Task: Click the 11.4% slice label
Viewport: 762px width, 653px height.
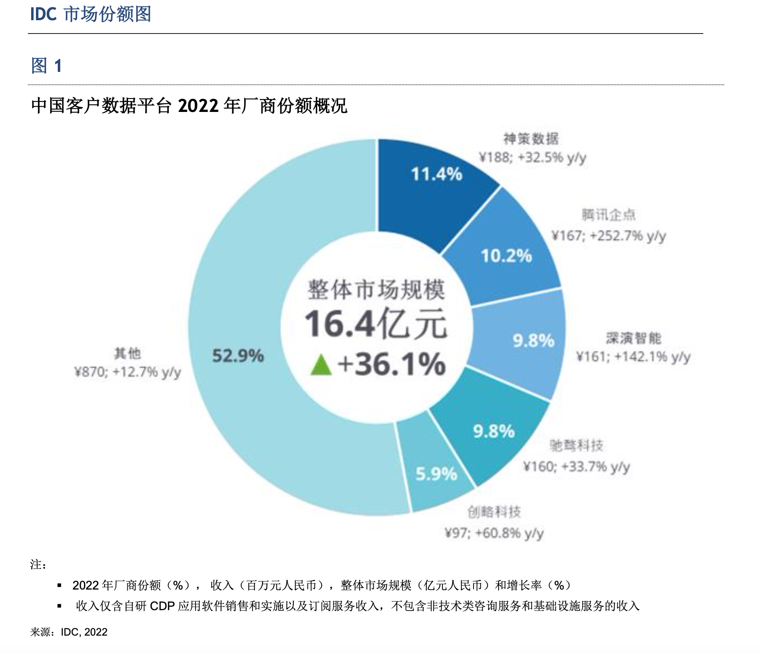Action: (x=436, y=174)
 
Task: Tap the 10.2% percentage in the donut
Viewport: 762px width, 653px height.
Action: (x=506, y=256)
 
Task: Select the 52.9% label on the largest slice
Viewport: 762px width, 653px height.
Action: (x=238, y=356)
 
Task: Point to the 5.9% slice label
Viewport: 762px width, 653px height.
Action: (x=436, y=474)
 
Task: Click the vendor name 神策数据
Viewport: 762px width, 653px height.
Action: (x=531, y=139)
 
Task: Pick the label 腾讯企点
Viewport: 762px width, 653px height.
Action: (x=608, y=215)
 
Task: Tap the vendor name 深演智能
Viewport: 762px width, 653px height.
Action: (x=634, y=338)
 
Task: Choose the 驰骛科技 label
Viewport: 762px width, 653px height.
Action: (x=576, y=445)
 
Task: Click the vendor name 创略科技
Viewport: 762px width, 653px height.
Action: (x=494, y=512)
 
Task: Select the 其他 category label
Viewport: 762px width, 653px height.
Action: (x=127, y=353)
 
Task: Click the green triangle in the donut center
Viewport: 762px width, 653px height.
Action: (x=321, y=365)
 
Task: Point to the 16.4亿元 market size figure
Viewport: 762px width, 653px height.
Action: (x=376, y=324)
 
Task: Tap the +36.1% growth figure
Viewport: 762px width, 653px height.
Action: (x=391, y=364)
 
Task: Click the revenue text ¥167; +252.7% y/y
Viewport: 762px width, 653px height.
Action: (x=608, y=235)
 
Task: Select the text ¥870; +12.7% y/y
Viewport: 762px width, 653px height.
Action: (x=127, y=372)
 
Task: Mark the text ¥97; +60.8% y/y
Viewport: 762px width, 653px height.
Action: (x=494, y=533)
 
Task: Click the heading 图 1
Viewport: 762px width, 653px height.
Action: (x=46, y=65)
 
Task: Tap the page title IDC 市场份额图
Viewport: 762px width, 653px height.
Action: (x=91, y=15)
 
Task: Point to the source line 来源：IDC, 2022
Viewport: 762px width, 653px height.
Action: (x=69, y=632)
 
